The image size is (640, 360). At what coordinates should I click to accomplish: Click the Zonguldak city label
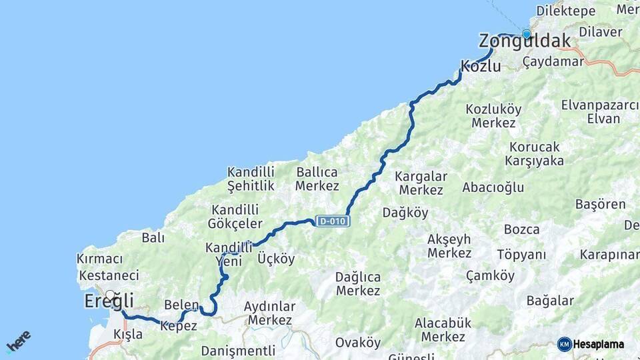(x=525, y=41)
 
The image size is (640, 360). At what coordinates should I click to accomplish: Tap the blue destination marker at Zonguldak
(x=527, y=34)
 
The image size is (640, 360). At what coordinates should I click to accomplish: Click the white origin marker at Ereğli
(x=110, y=294)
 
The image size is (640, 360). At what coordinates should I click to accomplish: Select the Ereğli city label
(x=109, y=301)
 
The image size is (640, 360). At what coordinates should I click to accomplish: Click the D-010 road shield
(x=333, y=221)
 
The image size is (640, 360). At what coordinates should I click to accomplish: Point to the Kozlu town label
(x=481, y=66)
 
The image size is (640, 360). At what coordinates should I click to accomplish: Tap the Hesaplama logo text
(x=598, y=344)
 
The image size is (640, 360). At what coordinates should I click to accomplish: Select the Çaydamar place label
(x=553, y=61)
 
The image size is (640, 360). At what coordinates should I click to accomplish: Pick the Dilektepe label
(x=566, y=11)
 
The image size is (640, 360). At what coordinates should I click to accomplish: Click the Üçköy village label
(x=275, y=259)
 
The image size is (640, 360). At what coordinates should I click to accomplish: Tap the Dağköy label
(x=405, y=213)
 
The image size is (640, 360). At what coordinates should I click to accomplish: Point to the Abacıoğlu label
(x=493, y=187)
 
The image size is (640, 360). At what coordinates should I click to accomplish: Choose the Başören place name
(x=600, y=205)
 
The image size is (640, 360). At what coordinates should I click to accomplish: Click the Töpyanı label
(x=521, y=255)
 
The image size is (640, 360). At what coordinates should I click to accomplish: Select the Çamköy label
(x=490, y=275)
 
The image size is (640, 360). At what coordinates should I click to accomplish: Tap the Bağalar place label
(x=550, y=301)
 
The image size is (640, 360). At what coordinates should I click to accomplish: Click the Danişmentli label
(x=238, y=350)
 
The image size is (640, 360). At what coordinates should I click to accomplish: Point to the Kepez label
(x=179, y=326)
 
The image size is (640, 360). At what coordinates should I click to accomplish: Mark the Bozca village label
(x=522, y=229)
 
